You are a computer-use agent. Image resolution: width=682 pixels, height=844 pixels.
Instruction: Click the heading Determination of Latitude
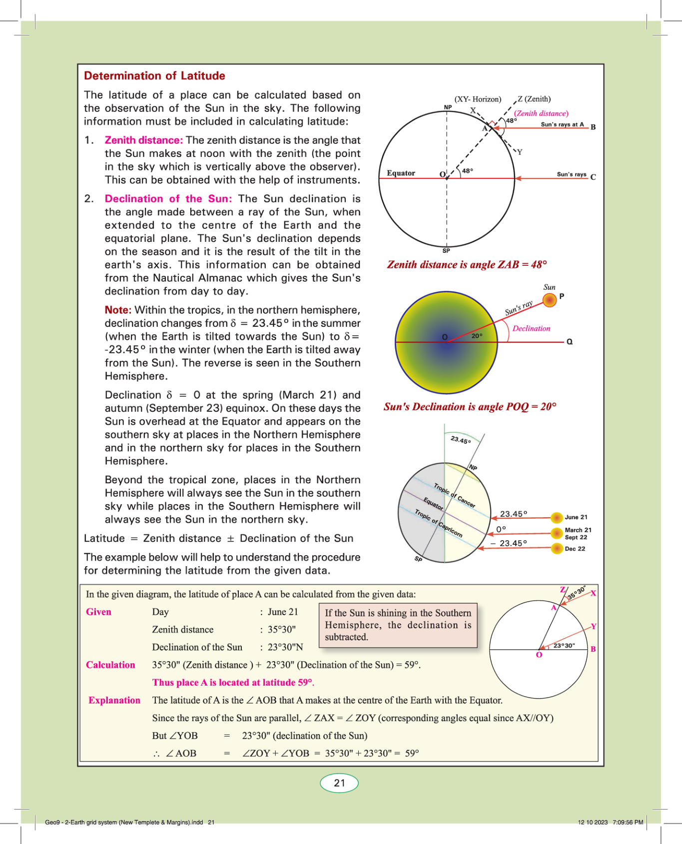(154, 76)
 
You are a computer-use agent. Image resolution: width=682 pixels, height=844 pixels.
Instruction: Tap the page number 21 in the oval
(339, 783)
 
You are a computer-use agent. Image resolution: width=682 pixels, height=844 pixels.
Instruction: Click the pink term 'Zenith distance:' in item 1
(143, 140)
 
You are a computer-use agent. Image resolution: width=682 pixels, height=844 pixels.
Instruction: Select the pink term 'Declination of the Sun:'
(168, 199)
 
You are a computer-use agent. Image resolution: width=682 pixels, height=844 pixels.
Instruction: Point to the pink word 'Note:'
(118, 310)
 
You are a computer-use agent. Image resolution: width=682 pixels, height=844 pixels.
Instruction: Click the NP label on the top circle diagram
(448, 107)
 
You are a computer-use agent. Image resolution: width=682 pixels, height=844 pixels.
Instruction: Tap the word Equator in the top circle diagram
(401, 173)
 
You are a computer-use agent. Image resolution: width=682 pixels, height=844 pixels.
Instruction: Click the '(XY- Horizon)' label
(478, 99)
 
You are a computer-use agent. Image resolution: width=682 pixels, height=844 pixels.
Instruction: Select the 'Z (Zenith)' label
(534, 99)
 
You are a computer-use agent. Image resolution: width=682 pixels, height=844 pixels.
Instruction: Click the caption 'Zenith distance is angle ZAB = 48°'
(467, 265)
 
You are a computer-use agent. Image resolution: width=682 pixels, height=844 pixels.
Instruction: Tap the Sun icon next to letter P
(549, 300)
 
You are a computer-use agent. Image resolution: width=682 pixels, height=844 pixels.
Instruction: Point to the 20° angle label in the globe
(477, 336)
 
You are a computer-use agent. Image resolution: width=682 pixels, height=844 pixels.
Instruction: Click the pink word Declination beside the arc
(531, 328)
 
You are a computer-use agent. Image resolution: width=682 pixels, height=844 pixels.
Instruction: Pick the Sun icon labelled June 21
(557, 518)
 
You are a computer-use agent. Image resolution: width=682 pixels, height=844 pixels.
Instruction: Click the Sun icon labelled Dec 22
(557, 549)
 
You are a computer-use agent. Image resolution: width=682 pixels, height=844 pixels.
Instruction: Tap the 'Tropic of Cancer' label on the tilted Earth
(454, 495)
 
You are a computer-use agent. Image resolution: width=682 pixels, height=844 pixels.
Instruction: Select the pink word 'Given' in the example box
(98, 612)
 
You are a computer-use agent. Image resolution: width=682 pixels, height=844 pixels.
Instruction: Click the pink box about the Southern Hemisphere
(398, 625)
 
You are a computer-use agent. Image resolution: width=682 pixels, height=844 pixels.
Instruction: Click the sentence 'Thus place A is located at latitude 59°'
(233, 683)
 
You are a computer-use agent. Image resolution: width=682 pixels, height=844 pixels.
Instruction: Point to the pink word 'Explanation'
(114, 701)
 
